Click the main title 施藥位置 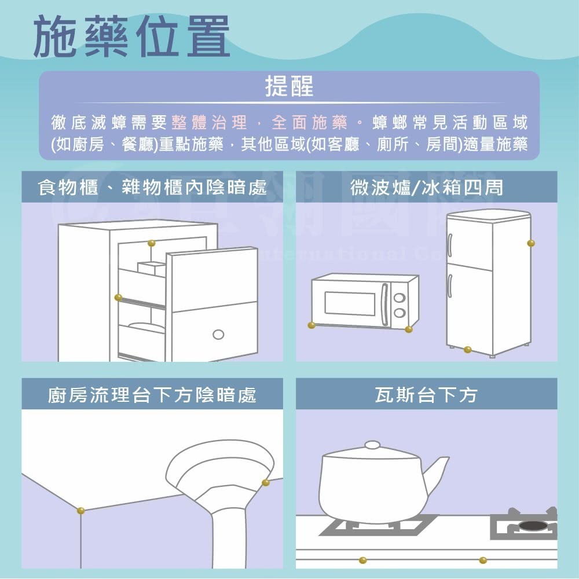[x=132, y=36]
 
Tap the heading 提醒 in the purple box [x=289, y=86]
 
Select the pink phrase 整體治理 [x=209, y=123]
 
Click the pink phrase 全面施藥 [x=309, y=123]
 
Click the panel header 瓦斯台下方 [x=426, y=395]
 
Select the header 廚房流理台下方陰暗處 [x=152, y=395]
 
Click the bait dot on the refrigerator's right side [x=530, y=243]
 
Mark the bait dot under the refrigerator [x=467, y=349]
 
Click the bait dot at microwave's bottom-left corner [x=312, y=325]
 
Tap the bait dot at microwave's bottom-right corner [x=409, y=329]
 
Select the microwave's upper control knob [x=399, y=298]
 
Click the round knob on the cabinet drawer [x=218, y=334]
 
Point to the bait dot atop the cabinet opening [x=152, y=243]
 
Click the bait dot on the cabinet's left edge [x=118, y=297]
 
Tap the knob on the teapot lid [x=372, y=445]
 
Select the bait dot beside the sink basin [x=265, y=482]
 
